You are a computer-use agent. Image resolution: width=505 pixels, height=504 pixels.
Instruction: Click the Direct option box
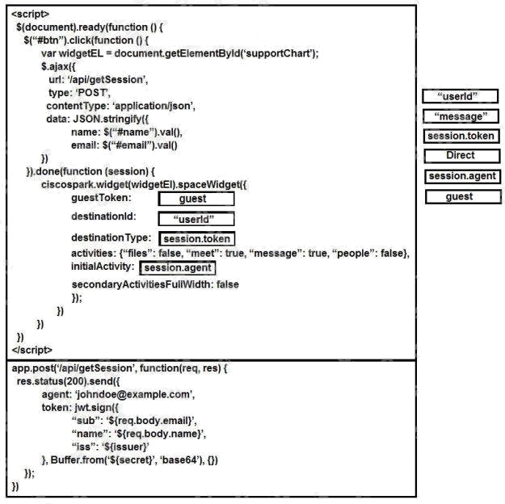coord(462,156)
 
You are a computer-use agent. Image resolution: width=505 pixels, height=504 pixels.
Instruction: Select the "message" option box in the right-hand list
coord(461,116)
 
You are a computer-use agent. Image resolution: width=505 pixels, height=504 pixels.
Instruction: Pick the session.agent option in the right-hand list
coord(462,176)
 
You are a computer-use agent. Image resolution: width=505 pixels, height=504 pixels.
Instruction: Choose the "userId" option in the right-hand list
coord(461,96)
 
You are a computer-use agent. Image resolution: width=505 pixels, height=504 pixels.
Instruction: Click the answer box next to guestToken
coord(196,199)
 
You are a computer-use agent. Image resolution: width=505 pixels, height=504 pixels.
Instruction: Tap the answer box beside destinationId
coord(196,219)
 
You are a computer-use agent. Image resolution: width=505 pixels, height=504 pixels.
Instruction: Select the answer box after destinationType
coord(197,239)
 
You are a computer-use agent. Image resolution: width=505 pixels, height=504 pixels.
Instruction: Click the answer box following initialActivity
coord(178,268)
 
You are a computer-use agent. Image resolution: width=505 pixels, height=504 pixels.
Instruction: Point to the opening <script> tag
coord(30,15)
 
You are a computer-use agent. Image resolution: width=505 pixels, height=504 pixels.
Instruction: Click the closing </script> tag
coord(32,350)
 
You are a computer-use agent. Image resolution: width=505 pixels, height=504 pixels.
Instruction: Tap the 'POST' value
coord(92,93)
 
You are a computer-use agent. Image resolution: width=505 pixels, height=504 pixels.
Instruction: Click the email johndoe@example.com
coord(133,394)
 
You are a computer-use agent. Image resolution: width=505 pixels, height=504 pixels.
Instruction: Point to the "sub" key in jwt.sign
coord(83,421)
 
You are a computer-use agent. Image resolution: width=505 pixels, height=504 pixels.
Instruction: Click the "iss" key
coord(81,447)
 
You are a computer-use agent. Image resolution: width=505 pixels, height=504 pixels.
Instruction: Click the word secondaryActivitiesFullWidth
coord(141,284)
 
